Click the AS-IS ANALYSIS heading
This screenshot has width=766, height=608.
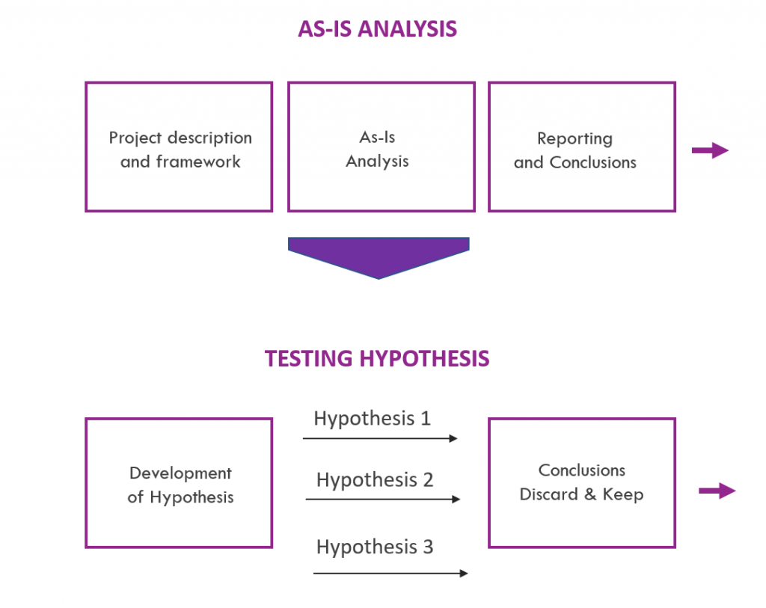377,29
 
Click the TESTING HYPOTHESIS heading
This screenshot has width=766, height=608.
377,359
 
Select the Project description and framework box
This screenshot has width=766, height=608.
179,147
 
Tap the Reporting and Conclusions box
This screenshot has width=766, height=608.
581,147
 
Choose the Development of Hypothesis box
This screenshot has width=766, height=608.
179,483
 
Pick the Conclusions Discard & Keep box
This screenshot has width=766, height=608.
581,483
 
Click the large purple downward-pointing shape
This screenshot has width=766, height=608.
379,255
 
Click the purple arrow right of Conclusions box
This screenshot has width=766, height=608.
717,491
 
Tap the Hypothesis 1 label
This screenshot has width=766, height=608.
372,418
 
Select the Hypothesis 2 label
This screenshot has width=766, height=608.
375,479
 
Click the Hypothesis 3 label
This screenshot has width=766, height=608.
375,547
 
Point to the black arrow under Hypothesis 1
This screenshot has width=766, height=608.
380,439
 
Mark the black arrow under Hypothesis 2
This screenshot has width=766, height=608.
383,499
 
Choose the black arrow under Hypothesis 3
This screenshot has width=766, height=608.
390,574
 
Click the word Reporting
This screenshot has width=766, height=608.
574,138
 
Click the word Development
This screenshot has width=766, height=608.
180,473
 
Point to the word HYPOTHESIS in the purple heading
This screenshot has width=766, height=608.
424,359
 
